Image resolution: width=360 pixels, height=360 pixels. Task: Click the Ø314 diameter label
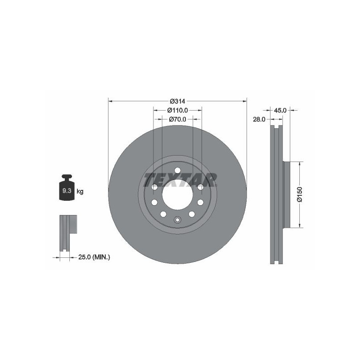177,101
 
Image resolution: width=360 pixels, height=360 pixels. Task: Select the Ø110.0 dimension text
177,110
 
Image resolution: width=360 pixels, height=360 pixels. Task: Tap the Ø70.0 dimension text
177,119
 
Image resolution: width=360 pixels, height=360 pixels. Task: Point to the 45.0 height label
280,110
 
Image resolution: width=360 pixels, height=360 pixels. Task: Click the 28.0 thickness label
259,119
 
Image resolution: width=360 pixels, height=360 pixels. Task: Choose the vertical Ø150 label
299,195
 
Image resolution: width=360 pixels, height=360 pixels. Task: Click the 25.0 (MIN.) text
94,257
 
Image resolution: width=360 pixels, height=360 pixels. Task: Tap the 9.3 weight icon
67,188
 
